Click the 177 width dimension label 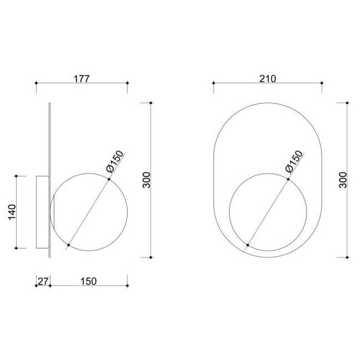(x=82, y=77)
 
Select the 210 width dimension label (x=268, y=77)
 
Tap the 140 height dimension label (x=11, y=212)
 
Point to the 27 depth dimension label (x=42, y=281)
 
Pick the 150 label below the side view (x=88, y=281)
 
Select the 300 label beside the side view (x=145, y=180)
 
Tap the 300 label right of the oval (x=343, y=180)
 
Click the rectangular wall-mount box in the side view (x=42, y=212)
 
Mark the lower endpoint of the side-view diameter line (x=69, y=245)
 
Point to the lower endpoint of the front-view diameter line (x=248, y=245)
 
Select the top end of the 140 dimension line (x=17, y=176)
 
